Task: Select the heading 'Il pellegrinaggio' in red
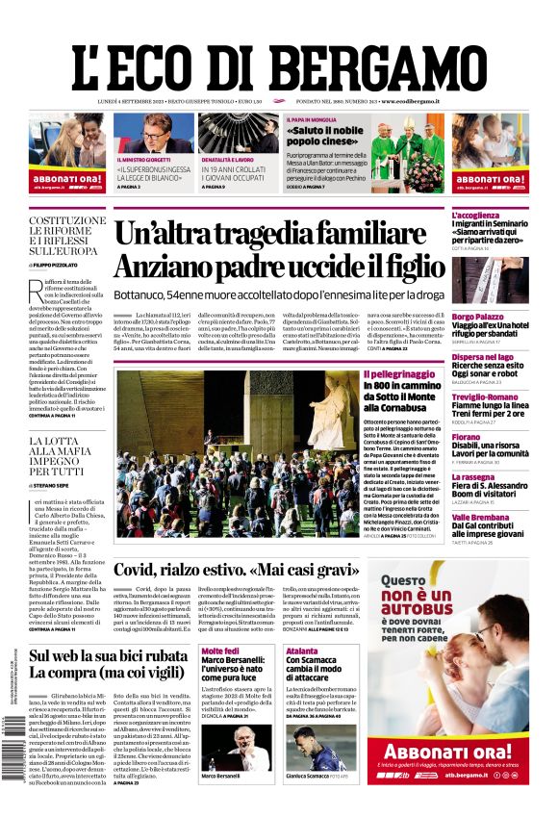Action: coord(402,373)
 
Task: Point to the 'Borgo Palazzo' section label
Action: coord(478,317)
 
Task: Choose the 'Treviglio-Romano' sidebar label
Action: coord(485,396)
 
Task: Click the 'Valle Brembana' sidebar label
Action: coord(481,517)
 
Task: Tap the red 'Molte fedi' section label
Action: coord(220,651)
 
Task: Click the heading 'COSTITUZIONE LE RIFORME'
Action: coord(67,227)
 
